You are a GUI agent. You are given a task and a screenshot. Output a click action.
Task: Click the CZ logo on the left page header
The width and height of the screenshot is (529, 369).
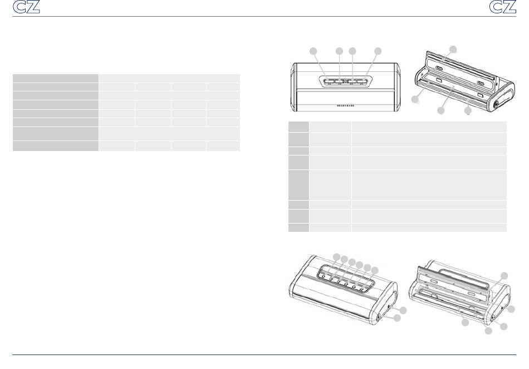point(26,7)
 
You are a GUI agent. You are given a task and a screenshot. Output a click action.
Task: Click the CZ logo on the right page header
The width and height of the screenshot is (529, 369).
point(503,7)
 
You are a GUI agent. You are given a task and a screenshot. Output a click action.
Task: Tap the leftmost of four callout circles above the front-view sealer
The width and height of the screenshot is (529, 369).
point(314,51)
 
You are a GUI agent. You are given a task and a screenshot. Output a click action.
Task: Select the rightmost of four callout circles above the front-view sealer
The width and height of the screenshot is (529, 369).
point(378,51)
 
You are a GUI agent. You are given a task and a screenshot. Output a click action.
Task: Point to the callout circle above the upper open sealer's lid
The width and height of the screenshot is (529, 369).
point(453,49)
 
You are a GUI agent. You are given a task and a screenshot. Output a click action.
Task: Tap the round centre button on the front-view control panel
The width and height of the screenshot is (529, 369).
point(345,81)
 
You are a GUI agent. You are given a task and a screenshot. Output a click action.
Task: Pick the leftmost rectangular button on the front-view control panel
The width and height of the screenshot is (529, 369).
point(330,81)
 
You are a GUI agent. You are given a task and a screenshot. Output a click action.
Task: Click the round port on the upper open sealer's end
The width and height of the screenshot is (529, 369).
point(496,105)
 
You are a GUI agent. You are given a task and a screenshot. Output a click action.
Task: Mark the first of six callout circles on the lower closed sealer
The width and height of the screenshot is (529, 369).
point(337,257)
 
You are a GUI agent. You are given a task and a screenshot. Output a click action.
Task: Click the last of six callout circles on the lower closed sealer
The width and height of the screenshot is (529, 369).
point(375,270)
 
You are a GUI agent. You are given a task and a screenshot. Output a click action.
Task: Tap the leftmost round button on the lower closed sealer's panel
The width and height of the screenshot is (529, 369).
point(324,277)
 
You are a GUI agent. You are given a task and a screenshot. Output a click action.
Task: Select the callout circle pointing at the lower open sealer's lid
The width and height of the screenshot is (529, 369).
point(504,276)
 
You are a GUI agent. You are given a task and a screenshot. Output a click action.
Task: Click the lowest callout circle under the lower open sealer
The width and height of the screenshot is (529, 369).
point(488,331)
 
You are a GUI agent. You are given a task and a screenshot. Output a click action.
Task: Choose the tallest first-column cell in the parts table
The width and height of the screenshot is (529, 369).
point(298,184)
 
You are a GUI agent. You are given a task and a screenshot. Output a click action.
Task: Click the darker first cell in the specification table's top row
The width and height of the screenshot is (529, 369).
point(55,78)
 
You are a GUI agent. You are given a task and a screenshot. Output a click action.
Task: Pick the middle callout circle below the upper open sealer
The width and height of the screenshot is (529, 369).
point(441,110)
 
